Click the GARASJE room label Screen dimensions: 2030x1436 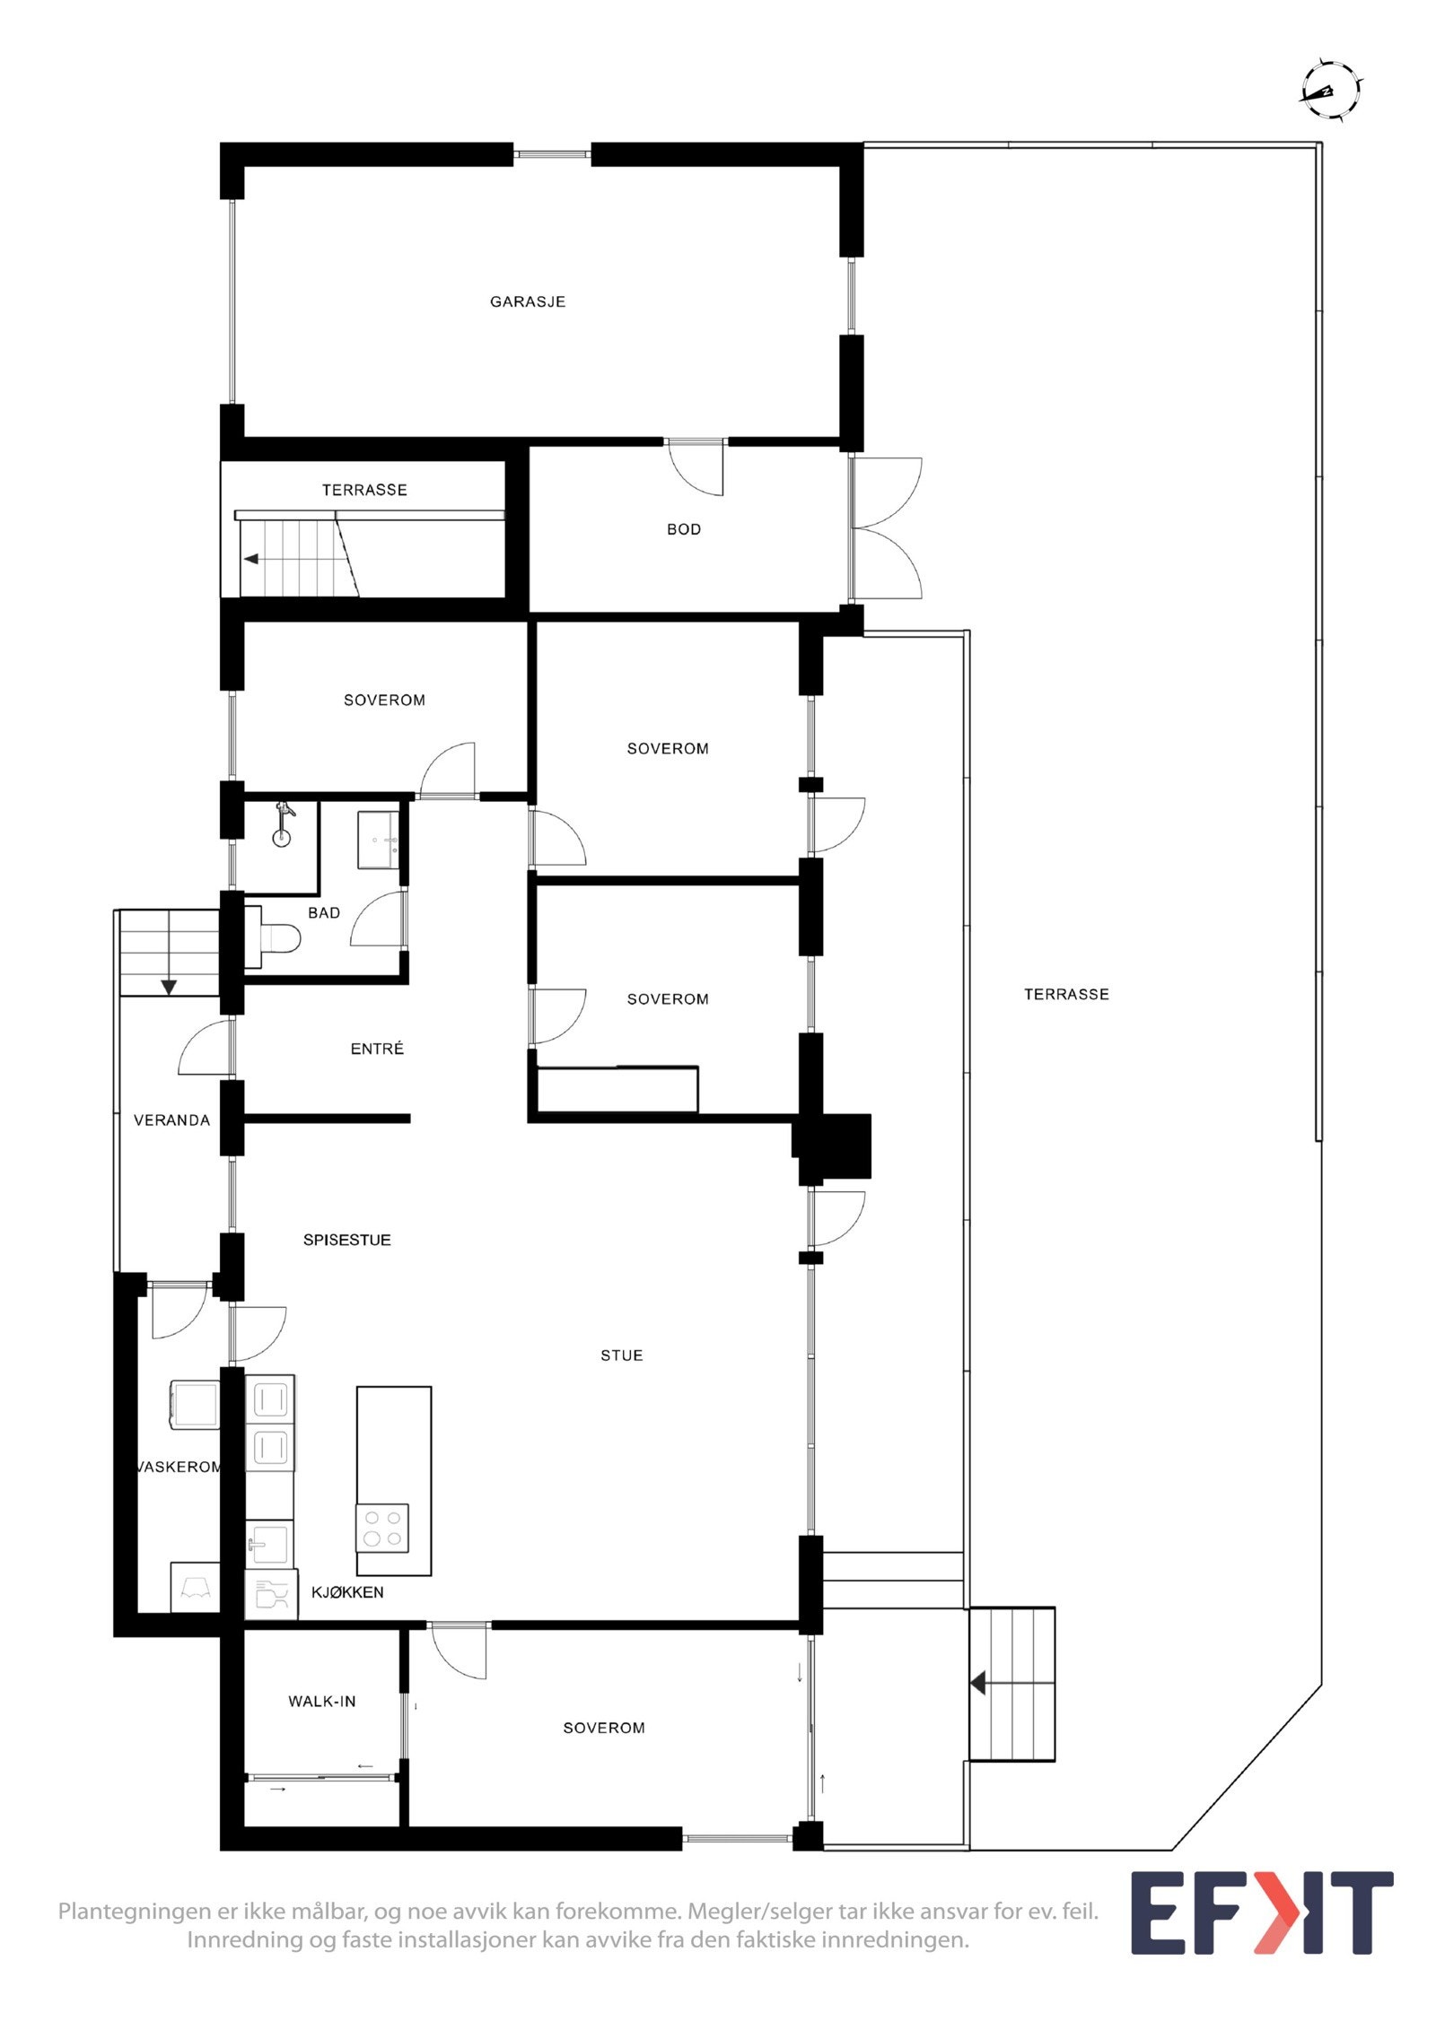(527, 301)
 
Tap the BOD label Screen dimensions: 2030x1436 (683, 529)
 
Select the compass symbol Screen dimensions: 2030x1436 (1331, 89)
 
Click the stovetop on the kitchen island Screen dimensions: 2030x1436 (381, 1528)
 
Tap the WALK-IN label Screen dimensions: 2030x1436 (321, 1701)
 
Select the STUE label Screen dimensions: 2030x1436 (621, 1355)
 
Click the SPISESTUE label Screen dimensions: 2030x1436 (346, 1241)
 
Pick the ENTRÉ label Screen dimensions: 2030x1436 (377, 1049)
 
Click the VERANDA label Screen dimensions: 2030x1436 (171, 1120)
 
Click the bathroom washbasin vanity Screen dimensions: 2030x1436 (378, 840)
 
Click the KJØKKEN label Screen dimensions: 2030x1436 (346, 1592)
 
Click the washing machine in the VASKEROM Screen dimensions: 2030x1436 (193, 1405)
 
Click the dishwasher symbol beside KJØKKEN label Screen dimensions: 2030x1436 (270, 1594)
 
